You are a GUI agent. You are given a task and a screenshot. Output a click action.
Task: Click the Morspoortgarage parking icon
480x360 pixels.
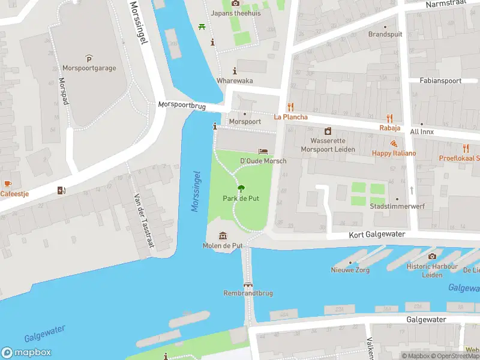[89, 58]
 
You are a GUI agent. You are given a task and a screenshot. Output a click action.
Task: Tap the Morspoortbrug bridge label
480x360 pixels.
[182, 106]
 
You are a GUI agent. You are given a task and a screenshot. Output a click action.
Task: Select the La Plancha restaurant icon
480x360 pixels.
[291, 106]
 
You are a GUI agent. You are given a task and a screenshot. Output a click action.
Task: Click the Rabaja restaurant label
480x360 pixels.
[389, 128]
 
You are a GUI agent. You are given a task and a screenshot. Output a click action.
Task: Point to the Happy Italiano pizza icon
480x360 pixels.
[394, 143]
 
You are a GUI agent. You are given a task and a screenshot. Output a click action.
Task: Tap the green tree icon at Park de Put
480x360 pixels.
[241, 188]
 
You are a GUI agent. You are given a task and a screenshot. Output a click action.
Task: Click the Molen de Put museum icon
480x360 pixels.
[223, 236]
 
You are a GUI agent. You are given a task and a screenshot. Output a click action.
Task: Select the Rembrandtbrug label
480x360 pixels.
[248, 293]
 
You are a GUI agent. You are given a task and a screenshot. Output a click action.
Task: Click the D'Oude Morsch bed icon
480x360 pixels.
[263, 151]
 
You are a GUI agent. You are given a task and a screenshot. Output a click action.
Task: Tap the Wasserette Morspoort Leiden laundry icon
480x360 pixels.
[328, 131]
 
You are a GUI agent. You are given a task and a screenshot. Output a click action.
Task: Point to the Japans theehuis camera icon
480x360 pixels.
[235, 3]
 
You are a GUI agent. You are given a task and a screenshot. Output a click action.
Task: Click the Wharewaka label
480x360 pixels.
[235, 81]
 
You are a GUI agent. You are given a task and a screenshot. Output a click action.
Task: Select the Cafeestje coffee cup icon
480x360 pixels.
[7, 183]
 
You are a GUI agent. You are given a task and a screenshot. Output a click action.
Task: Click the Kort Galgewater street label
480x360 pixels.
[377, 235]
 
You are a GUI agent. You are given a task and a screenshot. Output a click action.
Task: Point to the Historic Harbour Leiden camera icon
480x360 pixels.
[432, 257]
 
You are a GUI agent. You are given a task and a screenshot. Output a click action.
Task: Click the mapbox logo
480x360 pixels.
[26, 353]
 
